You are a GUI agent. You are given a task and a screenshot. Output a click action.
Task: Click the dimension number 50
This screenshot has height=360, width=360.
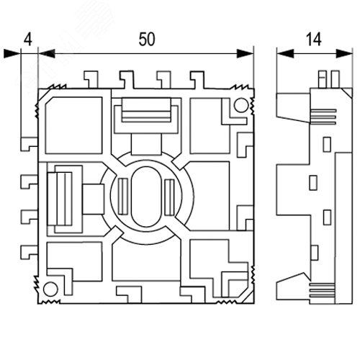click(x=147, y=40)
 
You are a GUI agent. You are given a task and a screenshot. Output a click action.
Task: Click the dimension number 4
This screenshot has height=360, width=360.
click(x=28, y=40)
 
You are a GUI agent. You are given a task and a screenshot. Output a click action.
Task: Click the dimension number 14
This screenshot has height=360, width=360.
click(x=313, y=40)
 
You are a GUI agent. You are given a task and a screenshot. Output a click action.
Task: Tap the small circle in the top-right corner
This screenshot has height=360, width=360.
click(x=241, y=105)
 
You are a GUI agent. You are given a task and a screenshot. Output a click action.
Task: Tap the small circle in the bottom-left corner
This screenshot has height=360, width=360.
click(x=50, y=289)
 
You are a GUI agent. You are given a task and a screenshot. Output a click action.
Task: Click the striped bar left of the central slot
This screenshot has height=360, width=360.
click(x=124, y=197)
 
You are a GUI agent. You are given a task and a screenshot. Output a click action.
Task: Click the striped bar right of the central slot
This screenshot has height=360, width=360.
click(x=169, y=197)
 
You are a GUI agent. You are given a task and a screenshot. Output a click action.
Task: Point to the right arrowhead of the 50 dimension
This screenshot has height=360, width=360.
click(x=245, y=53)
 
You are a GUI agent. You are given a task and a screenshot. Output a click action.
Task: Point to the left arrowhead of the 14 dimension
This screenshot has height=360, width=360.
click(x=285, y=53)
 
